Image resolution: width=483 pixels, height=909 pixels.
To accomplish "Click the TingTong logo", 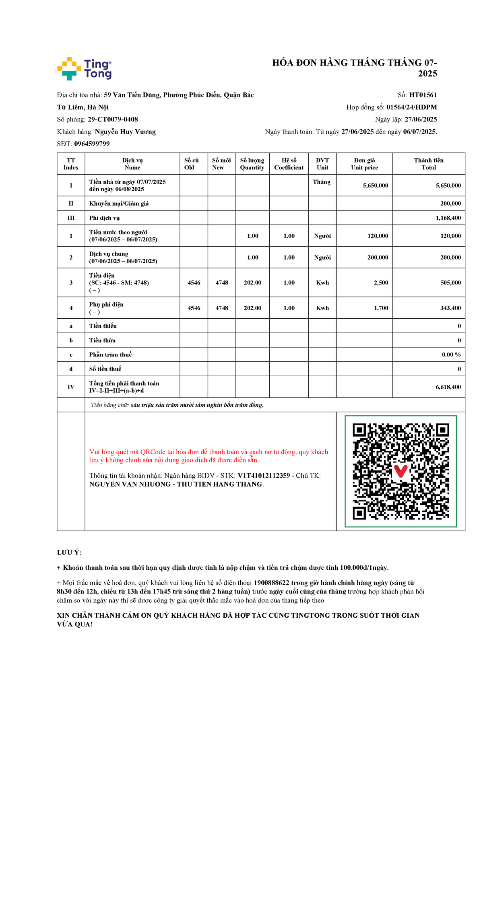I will (85, 68).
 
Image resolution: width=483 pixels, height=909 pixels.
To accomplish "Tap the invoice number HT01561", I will (423, 95).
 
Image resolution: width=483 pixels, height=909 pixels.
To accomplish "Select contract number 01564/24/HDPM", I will (411, 107).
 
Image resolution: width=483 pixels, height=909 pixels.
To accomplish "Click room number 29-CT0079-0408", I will (113, 120).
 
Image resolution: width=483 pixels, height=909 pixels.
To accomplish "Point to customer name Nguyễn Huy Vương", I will (125, 132).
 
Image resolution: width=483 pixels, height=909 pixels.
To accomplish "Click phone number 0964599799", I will (92, 144).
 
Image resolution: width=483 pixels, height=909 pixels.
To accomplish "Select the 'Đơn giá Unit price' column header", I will (364, 164).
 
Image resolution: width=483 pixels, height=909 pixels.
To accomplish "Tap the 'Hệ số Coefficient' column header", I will (289, 164).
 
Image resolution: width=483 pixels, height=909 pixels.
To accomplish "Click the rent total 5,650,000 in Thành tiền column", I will (448, 186).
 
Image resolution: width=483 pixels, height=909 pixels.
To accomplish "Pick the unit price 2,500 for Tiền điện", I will (381, 283).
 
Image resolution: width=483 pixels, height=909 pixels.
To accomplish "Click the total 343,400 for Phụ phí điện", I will (450, 308).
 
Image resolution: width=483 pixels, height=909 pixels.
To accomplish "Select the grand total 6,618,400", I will (448, 387).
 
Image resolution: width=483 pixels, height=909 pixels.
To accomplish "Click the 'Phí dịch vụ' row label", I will (105, 218).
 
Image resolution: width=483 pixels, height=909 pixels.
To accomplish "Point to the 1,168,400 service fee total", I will (448, 218).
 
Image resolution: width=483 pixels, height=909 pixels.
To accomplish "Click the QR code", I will (400, 471).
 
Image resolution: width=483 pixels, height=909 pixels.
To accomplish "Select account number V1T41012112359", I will (264, 476).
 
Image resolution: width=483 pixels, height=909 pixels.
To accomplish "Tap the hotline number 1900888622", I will (271, 583).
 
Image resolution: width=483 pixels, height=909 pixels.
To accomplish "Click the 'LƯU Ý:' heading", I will (69, 552).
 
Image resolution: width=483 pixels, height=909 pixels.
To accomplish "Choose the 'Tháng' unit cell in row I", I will (322, 182).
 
